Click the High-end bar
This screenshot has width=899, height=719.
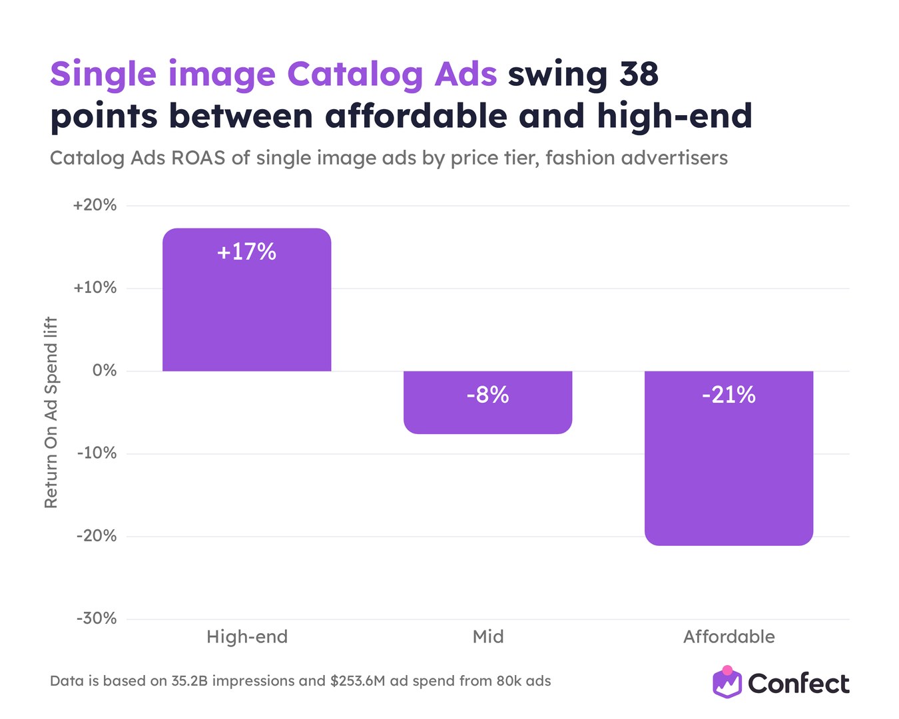click(246, 300)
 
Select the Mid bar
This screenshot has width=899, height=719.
click(487, 402)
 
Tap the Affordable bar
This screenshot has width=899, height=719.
click(729, 458)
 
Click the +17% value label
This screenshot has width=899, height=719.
click(246, 252)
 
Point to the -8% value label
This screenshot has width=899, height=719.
click(487, 394)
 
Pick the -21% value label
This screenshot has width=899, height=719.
click(729, 394)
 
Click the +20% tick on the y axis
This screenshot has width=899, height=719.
click(95, 205)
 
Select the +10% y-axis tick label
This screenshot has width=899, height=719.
click(95, 288)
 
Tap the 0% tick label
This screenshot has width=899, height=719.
click(105, 371)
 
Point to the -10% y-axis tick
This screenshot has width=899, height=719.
click(97, 453)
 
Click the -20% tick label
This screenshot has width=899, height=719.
click(97, 536)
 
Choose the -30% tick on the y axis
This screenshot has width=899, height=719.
click(97, 618)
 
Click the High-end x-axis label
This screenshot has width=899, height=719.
click(247, 636)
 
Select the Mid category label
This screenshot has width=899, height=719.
click(488, 636)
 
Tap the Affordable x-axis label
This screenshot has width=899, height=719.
click(729, 636)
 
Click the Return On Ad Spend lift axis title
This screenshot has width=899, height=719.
click(51, 412)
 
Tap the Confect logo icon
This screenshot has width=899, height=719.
click(727, 682)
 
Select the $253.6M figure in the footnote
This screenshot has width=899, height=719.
click(357, 681)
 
